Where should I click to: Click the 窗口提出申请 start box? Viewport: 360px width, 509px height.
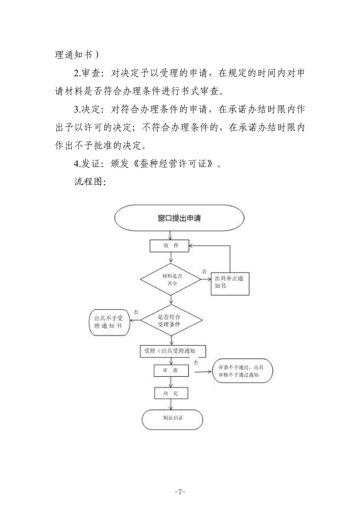(179, 218)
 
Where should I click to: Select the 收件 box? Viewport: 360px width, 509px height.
(169, 246)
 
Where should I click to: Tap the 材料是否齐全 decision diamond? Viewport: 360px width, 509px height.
(172, 279)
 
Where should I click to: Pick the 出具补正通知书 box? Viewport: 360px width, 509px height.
(230, 283)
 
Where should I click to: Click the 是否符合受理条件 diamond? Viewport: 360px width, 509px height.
(171, 320)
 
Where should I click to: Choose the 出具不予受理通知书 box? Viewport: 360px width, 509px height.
(109, 322)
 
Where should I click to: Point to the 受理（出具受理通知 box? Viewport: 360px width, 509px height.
(172, 351)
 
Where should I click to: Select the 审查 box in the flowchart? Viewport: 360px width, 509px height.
(171, 371)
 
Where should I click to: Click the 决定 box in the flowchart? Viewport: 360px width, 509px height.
(171, 393)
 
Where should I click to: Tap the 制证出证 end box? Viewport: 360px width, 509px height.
(173, 418)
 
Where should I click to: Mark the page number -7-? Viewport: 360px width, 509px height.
(180, 492)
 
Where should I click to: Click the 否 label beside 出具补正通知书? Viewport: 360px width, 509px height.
(204, 271)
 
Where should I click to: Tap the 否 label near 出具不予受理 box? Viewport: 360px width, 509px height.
(136, 312)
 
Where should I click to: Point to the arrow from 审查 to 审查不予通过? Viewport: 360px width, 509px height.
(203, 371)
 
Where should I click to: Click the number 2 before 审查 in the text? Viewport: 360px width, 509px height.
(76, 73)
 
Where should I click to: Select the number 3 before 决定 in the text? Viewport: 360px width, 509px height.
(76, 110)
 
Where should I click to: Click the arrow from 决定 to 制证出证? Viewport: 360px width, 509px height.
(171, 404)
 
